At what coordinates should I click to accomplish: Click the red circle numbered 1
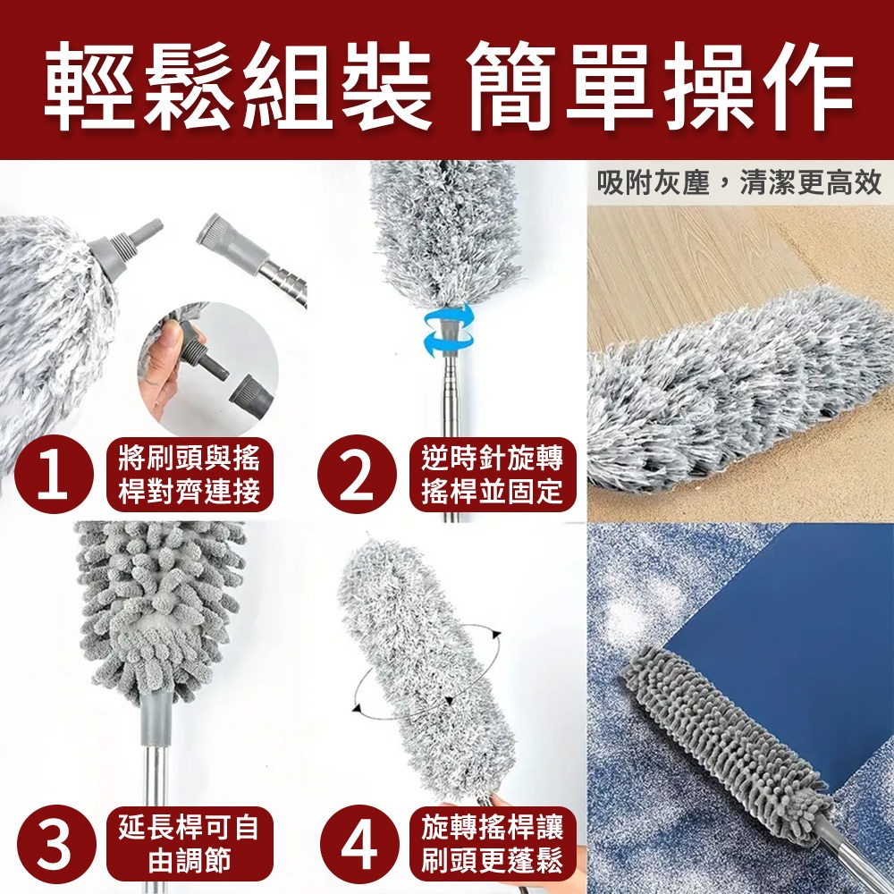pyautogui.click(x=54, y=475)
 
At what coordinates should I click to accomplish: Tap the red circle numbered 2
pyautogui.click(x=357, y=475)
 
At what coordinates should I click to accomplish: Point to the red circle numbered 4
pyautogui.click(x=357, y=845)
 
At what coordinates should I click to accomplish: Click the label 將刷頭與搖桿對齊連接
pyautogui.click(x=190, y=475)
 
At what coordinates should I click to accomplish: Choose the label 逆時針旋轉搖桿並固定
pyautogui.click(x=493, y=475)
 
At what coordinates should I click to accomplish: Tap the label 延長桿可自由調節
pyautogui.click(x=190, y=845)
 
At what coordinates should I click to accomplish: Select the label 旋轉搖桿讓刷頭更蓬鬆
pyautogui.click(x=493, y=845)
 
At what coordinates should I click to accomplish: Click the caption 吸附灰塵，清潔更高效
pyautogui.click(x=739, y=183)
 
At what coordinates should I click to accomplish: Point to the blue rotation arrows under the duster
pyautogui.click(x=449, y=331)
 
